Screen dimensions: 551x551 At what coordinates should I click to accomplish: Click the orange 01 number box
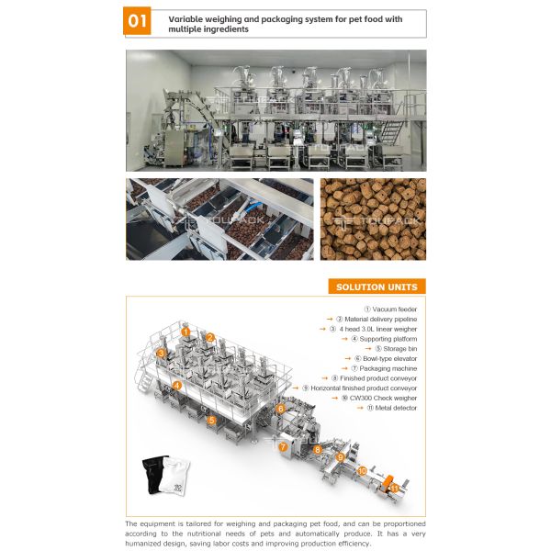(x=137, y=21)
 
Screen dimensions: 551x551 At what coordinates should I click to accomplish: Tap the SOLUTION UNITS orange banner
(x=377, y=287)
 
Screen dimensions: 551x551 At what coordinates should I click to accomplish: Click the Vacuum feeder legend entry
(x=390, y=309)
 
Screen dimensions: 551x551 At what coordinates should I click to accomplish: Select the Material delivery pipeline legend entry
(x=377, y=319)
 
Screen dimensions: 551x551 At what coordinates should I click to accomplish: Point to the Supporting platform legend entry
(x=384, y=339)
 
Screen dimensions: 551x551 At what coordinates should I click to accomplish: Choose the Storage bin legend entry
(x=396, y=349)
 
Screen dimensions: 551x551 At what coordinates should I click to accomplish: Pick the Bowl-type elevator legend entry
(x=386, y=358)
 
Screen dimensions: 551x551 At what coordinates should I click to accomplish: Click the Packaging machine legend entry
(x=384, y=368)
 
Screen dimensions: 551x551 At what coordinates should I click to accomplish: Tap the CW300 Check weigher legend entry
(x=379, y=398)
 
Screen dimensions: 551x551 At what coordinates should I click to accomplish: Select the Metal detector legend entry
(x=392, y=408)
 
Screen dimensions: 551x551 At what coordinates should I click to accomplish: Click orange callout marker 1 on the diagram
(x=186, y=332)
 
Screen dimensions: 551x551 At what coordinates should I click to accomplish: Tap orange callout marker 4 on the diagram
(x=176, y=386)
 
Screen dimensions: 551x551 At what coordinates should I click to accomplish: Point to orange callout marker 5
(x=211, y=420)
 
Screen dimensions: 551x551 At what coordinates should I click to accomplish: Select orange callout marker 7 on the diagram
(x=283, y=447)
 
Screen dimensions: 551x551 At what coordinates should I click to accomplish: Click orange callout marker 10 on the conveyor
(x=362, y=470)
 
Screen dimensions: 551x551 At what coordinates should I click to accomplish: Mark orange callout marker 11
(x=394, y=489)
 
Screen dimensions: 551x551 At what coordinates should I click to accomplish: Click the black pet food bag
(x=152, y=474)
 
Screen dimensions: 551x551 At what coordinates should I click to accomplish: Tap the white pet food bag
(x=174, y=476)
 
